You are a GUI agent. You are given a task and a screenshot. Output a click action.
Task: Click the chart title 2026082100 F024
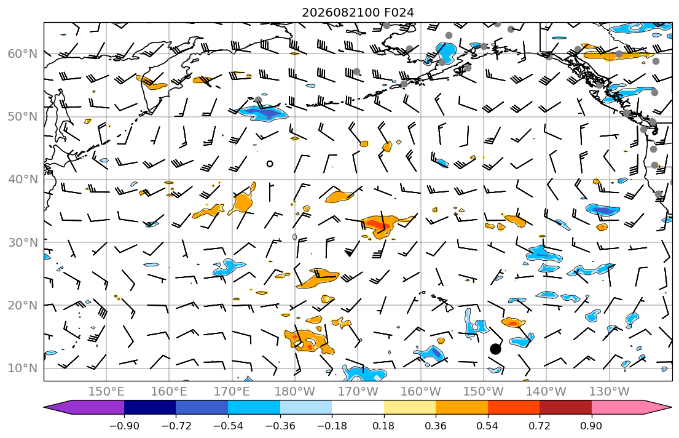click(358, 12)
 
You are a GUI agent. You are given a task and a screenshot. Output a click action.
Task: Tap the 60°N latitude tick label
click(23, 54)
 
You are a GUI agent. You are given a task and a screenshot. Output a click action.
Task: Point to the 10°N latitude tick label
click(23, 368)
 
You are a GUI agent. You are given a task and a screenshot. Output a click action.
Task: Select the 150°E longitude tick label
click(106, 392)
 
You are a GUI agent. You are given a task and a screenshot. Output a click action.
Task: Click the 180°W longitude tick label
click(295, 392)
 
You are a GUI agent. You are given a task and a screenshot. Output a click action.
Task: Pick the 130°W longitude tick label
click(610, 392)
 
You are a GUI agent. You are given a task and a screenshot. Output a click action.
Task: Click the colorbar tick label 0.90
click(592, 426)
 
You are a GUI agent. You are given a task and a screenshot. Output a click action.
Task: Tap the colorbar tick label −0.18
click(332, 426)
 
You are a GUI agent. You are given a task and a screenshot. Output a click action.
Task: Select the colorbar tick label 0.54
click(488, 426)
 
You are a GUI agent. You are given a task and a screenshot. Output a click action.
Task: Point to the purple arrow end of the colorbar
click(57, 407)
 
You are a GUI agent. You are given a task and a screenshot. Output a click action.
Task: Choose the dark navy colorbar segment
click(150, 407)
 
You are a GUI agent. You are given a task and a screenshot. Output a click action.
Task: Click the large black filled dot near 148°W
click(495, 349)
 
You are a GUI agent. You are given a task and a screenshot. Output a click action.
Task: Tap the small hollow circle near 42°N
click(270, 164)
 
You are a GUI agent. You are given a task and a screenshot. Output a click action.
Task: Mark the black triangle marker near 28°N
click(349, 253)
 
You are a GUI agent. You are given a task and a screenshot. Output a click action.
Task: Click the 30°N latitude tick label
click(23, 242)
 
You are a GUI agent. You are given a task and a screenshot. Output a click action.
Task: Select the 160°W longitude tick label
click(420, 392)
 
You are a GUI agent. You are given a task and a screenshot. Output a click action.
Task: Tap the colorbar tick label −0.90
click(124, 426)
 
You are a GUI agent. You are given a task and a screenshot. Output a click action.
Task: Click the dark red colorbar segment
click(565, 407)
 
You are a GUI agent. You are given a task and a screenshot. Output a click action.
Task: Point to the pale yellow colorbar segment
click(410, 407)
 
